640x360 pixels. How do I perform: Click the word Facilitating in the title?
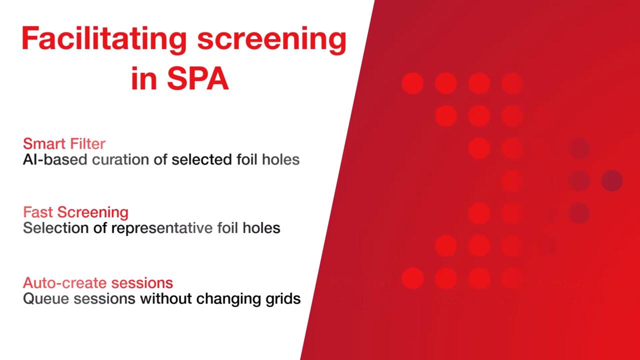[104, 39]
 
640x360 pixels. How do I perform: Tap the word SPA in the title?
[197, 79]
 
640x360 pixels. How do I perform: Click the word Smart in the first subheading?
[45, 143]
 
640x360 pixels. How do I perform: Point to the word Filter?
[87, 143]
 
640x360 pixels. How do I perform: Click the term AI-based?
[55, 159]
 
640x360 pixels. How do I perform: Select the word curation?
[120, 159]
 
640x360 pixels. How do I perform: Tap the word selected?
[201, 159]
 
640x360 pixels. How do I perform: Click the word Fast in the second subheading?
[38, 212]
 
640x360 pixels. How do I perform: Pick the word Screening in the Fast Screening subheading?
[93, 213]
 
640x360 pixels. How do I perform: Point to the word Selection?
[55, 228]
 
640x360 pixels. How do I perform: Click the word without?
[165, 298]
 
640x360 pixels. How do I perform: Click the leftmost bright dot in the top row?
[412, 83]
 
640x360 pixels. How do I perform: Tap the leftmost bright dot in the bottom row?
[412, 278]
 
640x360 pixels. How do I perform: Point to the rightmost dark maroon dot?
[612, 180]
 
